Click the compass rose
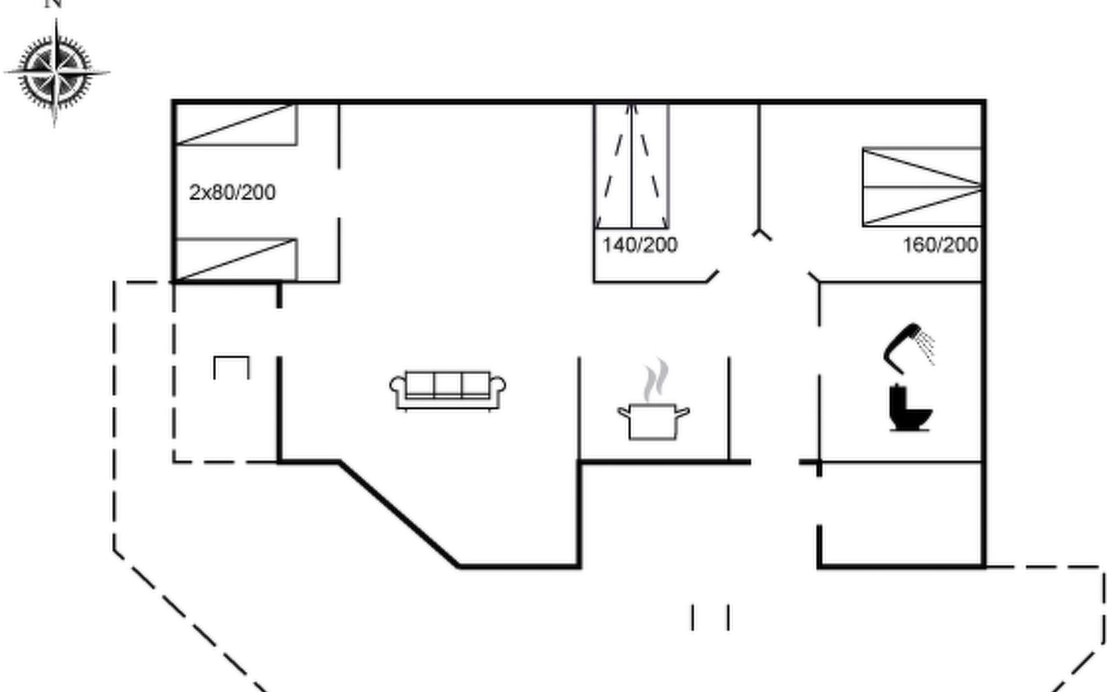pos(56,72)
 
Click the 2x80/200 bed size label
pos(232,192)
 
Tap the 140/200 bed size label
pos(640,245)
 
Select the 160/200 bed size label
pos(940,245)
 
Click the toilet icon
pos(910,408)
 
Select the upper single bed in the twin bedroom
pos(236,125)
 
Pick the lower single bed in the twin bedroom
pos(236,260)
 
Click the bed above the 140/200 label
pos(632,167)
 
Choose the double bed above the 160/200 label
pos(922,187)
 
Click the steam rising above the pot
pos(657,379)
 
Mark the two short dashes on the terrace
pos(710,617)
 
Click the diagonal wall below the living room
pos(399,514)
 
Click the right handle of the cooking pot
pos(682,412)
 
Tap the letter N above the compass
pos(54,3)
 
